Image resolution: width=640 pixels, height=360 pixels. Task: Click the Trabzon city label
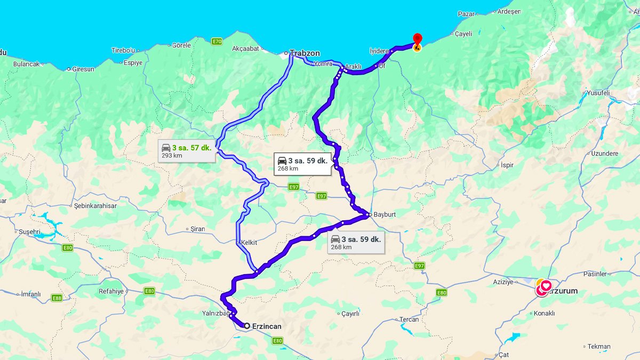[305, 53]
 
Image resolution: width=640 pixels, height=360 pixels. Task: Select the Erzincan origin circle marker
[247, 325]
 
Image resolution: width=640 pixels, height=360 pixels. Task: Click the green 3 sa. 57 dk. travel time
[191, 147]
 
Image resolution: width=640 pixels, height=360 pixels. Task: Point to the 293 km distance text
[172, 156]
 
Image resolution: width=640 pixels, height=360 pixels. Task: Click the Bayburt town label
[385, 214]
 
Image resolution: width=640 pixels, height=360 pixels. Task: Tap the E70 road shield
[217, 42]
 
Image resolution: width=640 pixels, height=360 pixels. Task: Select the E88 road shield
[57, 297]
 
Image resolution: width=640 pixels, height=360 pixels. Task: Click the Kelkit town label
[249, 243]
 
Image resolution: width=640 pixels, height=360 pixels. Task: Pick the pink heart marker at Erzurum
[546, 286]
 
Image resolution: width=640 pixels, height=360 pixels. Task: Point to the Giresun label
[83, 69]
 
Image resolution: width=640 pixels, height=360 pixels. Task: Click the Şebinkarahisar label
[95, 205]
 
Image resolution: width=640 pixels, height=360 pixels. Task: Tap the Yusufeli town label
[598, 92]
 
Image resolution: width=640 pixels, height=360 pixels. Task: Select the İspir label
[507, 165]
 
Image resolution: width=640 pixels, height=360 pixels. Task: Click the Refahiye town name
[111, 291]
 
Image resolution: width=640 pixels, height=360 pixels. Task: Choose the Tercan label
[410, 319]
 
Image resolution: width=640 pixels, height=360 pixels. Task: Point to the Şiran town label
[197, 229]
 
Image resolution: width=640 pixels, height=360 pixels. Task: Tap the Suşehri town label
[29, 232]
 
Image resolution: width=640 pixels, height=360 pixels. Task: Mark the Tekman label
[599, 347]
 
